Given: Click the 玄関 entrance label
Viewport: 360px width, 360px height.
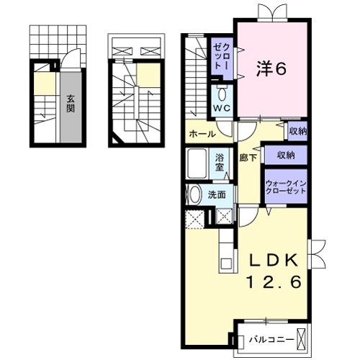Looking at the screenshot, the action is [71, 104].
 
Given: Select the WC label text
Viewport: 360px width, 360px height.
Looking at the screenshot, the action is [222, 108].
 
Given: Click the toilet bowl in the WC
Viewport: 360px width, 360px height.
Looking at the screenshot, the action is [222, 94].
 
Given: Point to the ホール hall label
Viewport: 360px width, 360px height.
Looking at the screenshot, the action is [202, 134].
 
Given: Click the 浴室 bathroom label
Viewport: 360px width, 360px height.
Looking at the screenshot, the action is [220, 163].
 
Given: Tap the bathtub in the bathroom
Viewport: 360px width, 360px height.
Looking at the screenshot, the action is [197, 163].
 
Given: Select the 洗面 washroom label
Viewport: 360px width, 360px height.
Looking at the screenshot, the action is [217, 195].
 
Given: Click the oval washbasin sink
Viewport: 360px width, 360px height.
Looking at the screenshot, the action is [195, 194].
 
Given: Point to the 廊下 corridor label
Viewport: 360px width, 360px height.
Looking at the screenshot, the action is [248, 158].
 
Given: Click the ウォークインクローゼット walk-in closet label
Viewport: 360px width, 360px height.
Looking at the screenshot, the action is [286, 187].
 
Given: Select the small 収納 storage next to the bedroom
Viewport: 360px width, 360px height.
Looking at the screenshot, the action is [298, 131].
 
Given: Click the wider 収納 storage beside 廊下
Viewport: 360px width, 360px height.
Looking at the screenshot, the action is [286, 156].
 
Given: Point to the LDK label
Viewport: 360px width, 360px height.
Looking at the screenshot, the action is [274, 260].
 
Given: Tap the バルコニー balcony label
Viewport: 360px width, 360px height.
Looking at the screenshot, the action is [271, 340].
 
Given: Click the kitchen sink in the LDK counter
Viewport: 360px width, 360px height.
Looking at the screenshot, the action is [226, 264].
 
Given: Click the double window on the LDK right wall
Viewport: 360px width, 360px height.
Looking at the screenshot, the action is [318, 255].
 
